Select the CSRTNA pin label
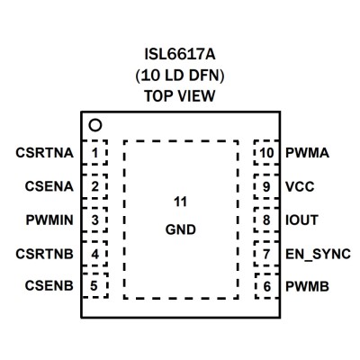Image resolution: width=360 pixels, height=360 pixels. [44, 153]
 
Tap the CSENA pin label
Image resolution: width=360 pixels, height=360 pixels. [49, 186]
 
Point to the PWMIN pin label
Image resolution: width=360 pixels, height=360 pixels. [49, 220]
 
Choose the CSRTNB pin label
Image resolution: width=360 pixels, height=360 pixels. [44, 254]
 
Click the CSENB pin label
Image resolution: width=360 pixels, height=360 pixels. [49, 285]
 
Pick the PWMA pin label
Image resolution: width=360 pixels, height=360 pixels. [307, 153]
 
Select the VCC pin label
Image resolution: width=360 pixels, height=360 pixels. [300, 187]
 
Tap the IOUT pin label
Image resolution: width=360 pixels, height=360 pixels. [301, 220]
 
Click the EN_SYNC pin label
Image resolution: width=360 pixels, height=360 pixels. [318, 255]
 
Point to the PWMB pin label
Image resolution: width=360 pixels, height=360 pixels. [307, 286]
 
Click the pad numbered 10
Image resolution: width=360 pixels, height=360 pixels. [266, 152]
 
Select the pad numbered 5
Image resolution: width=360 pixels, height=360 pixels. [94, 285]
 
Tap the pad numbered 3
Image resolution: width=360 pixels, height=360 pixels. [94, 220]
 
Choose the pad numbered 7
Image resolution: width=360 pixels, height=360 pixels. [266, 254]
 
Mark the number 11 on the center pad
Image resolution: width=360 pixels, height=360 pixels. [180, 202]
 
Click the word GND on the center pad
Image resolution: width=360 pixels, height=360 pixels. [181, 229]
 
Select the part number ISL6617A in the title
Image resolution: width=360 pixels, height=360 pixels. [180, 55]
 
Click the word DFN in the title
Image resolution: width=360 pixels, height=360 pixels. [206, 76]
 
